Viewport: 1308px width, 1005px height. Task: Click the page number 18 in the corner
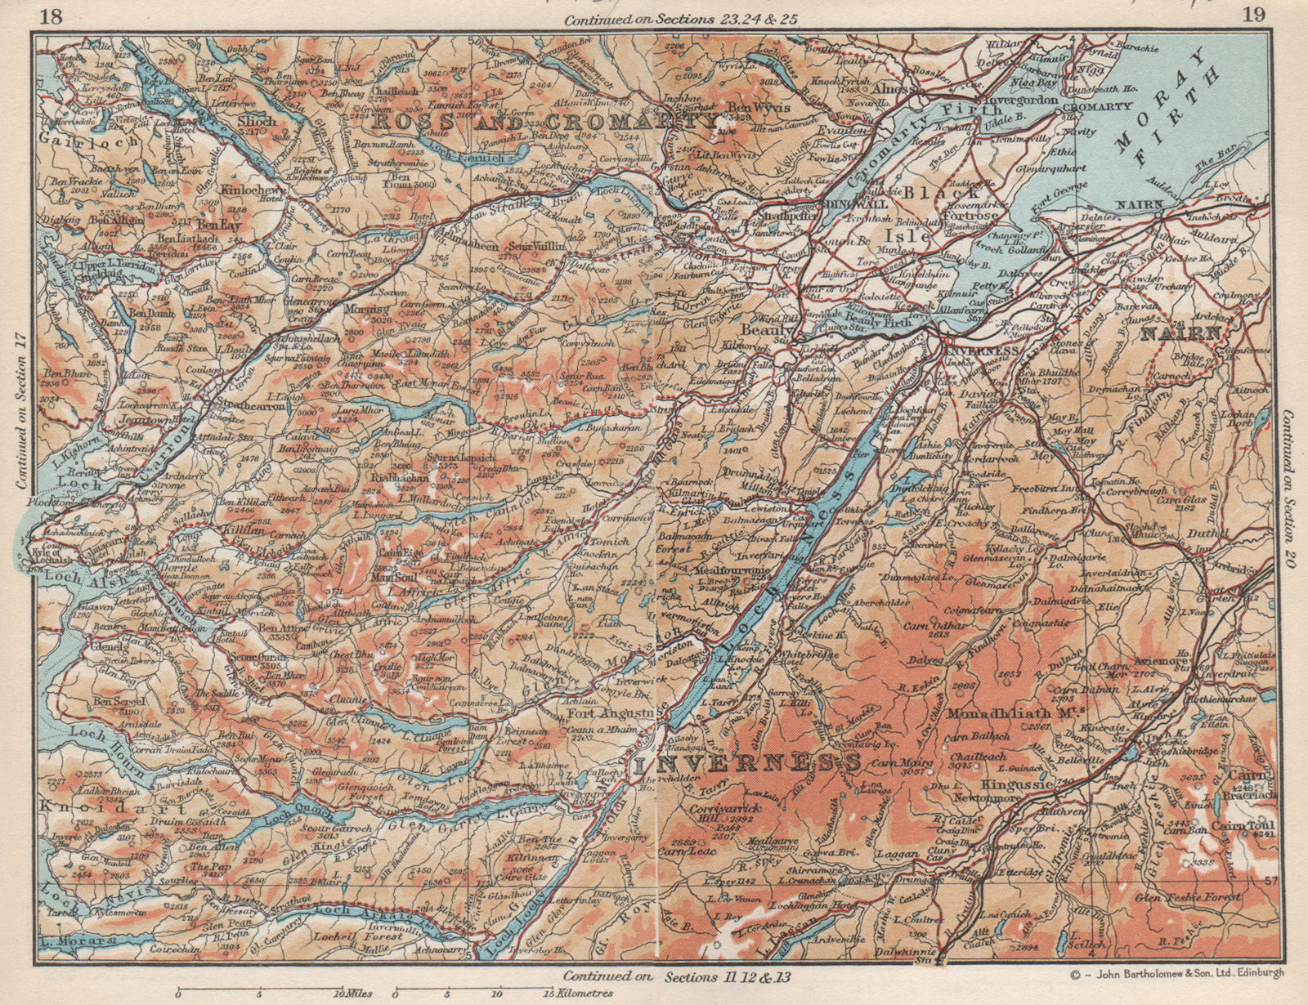[x=51, y=16]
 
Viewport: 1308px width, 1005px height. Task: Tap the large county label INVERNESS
[x=746, y=765]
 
